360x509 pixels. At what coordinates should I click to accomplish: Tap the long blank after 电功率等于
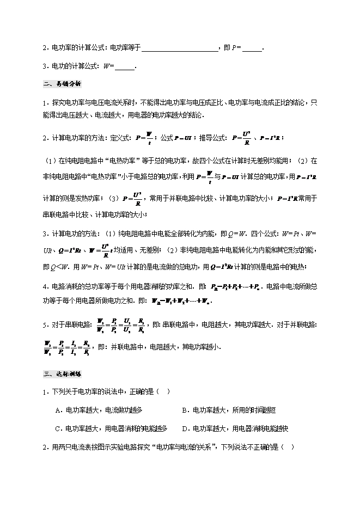[180, 48]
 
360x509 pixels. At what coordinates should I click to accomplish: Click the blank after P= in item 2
[252, 48]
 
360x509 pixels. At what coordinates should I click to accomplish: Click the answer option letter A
[58, 410]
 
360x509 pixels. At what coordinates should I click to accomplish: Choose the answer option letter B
[185, 410]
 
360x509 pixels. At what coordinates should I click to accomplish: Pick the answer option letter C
[58, 428]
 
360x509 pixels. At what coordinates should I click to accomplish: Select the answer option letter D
[185, 428]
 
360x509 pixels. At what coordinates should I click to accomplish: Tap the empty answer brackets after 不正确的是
[289, 447]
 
